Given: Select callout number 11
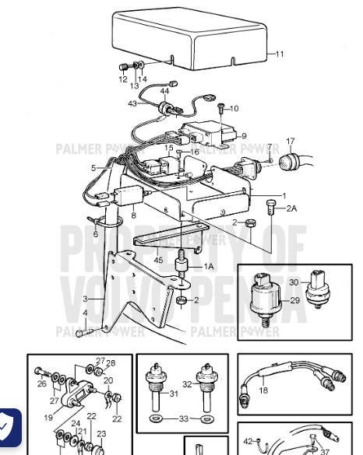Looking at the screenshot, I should point(280,54).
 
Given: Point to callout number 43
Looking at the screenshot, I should point(132,103).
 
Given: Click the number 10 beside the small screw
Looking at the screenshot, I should point(234,108).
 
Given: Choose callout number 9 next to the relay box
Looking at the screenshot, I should point(243,135).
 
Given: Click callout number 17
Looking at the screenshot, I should point(291,142).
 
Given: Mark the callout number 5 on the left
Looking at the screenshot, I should point(93,167).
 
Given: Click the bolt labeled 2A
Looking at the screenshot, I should point(270,205).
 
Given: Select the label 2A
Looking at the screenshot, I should point(291,208).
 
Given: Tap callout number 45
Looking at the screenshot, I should point(158,261).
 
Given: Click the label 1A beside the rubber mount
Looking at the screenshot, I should point(209,267).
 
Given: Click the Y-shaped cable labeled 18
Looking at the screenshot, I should point(288,381).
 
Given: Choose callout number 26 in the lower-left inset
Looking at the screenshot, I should point(41,383).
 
